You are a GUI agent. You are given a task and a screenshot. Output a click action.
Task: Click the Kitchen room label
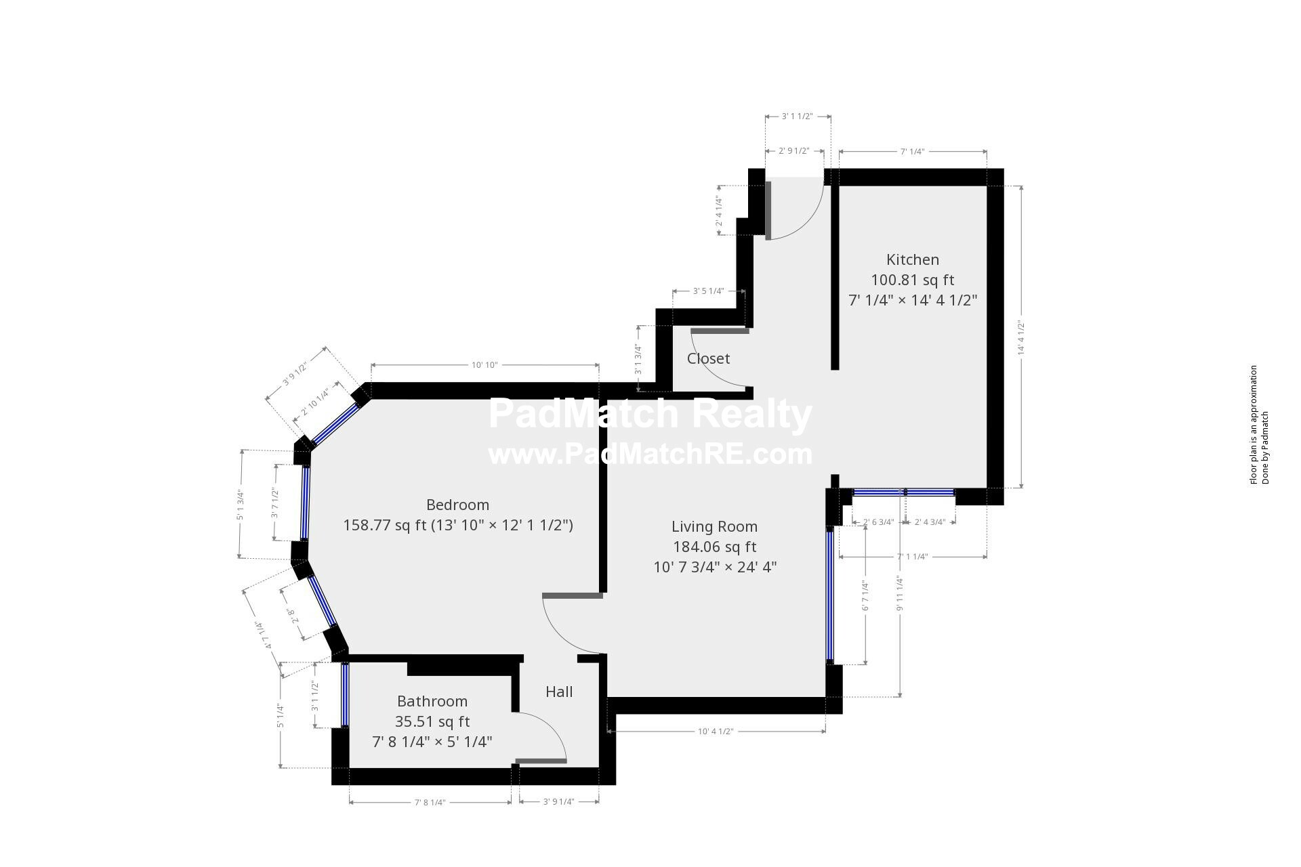coord(912,259)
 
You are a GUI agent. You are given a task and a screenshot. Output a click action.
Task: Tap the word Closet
coord(708,358)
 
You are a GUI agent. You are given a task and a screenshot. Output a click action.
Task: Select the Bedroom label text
coord(457,505)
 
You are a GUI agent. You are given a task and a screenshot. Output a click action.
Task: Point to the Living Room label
coord(714,526)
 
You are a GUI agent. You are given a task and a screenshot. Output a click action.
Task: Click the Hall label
coord(559,692)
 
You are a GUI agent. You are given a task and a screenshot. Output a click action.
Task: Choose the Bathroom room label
coord(432,701)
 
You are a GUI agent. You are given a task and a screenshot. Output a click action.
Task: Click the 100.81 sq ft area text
coord(912,280)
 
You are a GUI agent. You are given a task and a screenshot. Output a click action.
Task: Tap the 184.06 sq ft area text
coord(714,547)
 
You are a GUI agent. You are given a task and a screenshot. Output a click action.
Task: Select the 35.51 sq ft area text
coord(432,721)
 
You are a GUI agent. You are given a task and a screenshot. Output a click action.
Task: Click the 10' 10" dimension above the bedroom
coord(484,365)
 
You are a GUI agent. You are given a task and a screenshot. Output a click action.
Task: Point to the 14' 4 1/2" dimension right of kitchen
coord(1020,337)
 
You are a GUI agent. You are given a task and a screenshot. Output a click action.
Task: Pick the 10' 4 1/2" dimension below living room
coord(716,732)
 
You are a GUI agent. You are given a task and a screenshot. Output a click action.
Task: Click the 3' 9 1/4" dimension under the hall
coord(558,802)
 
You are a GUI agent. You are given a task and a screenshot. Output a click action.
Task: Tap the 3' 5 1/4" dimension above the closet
coord(708,291)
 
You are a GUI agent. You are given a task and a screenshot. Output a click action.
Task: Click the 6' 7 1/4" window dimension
coord(865,595)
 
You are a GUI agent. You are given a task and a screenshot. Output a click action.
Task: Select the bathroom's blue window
coord(345,694)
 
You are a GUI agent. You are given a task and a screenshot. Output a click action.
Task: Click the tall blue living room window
coord(829,595)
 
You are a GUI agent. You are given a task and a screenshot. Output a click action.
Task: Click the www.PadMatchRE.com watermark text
coord(650,454)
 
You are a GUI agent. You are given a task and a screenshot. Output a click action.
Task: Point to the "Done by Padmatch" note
coord(1264,448)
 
